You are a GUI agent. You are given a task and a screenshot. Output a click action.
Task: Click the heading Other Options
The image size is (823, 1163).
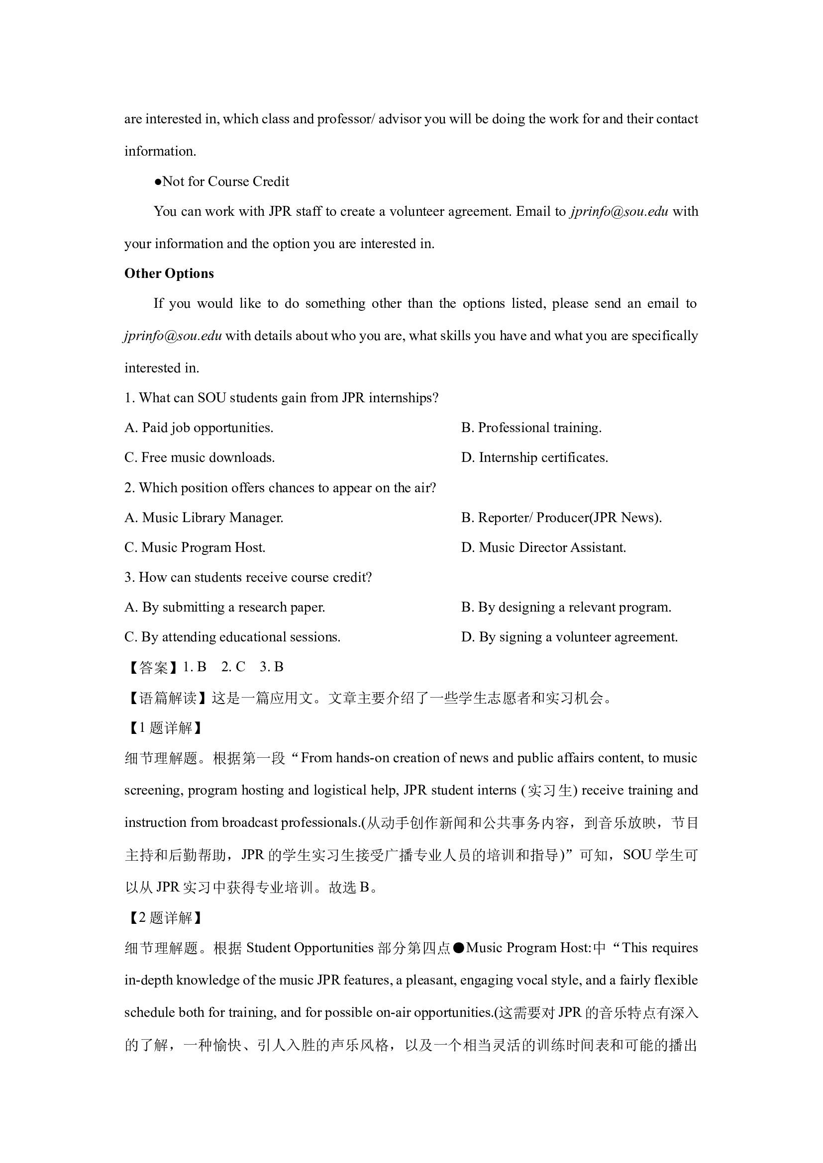point(169,273)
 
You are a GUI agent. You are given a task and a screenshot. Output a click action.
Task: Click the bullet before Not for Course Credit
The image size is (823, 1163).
point(158,182)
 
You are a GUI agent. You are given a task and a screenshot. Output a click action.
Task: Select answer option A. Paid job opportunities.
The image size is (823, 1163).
point(199,428)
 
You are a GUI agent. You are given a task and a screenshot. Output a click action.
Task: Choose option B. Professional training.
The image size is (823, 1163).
point(531,428)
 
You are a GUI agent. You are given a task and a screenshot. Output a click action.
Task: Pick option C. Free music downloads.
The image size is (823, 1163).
point(199,457)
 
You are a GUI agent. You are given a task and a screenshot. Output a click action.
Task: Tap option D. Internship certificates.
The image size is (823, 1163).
point(534,457)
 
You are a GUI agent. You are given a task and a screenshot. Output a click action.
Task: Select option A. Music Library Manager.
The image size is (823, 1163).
point(204,517)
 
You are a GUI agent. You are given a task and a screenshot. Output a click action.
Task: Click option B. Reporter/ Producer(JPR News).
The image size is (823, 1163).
point(561,517)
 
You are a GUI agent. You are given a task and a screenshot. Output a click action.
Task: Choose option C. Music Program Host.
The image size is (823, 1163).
point(195,547)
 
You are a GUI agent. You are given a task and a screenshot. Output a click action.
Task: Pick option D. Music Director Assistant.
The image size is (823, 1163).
point(543,547)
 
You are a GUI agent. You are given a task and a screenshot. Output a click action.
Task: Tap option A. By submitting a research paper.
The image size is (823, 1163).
point(224,607)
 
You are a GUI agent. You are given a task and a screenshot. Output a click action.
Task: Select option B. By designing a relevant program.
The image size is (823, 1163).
point(566,607)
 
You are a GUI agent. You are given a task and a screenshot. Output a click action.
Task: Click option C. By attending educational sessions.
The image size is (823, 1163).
point(232,637)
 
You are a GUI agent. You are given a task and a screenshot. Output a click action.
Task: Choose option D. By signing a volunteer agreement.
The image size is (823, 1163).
point(569,637)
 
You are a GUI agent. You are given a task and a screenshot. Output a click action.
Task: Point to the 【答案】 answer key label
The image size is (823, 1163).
point(153,667)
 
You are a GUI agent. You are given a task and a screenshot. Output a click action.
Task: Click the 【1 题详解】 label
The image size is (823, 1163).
point(164,728)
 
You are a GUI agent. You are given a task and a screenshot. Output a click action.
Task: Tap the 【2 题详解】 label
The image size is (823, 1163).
point(164,918)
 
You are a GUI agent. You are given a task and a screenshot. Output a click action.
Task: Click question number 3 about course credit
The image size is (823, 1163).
point(130,577)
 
